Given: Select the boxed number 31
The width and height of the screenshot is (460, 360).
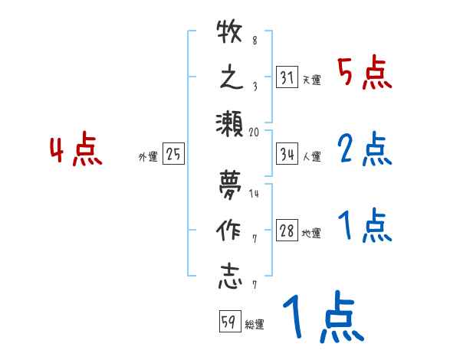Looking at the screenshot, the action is (286, 77).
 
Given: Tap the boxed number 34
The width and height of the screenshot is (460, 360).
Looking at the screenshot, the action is (286, 154).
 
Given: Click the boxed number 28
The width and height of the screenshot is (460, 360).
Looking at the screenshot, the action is (286, 231).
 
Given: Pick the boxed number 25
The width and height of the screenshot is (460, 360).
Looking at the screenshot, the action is (174, 154).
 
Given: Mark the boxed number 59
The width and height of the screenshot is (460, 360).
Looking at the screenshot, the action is (228, 322).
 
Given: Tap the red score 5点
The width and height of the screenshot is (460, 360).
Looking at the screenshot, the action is (364, 74).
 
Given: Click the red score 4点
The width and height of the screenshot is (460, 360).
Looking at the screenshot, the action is (76, 151).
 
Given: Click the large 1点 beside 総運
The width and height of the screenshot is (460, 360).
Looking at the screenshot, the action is (322, 319).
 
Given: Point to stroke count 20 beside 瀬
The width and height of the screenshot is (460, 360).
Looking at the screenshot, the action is (254, 132).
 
